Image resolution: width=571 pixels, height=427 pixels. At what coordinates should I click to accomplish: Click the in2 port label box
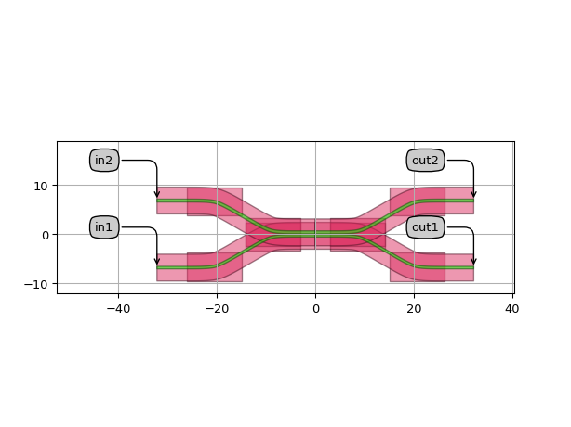tap(104, 161)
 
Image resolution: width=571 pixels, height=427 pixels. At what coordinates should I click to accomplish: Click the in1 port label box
tap(104, 227)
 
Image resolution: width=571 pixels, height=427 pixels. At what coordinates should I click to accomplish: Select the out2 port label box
tap(425, 161)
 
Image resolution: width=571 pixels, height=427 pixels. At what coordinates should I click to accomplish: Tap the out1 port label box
tap(425, 227)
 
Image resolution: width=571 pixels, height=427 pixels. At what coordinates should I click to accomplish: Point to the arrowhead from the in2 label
tap(157, 194)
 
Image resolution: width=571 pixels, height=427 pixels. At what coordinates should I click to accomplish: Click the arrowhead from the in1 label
tap(157, 261)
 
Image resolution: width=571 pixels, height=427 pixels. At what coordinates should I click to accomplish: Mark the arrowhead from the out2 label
tap(473, 194)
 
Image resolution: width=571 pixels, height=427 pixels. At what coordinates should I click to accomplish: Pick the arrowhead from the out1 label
tap(473, 261)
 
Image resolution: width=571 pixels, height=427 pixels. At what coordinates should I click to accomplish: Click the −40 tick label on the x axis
tap(118, 309)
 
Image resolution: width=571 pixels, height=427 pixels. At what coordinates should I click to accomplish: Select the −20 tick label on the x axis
tap(217, 309)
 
